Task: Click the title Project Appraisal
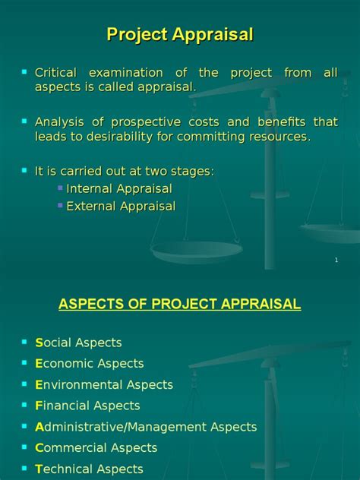tap(180, 34)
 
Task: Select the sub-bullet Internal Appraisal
tap(119, 189)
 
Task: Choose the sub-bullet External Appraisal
tap(121, 206)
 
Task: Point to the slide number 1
tap(336, 261)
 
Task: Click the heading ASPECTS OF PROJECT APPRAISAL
tap(180, 305)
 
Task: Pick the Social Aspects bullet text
tap(78, 343)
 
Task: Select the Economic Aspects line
tap(89, 364)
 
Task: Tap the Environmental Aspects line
tap(104, 385)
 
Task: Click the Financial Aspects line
tap(87, 406)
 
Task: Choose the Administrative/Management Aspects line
tap(146, 427)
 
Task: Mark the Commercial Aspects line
tap(96, 448)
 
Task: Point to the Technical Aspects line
tap(89, 469)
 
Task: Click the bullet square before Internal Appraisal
tap(61, 187)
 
